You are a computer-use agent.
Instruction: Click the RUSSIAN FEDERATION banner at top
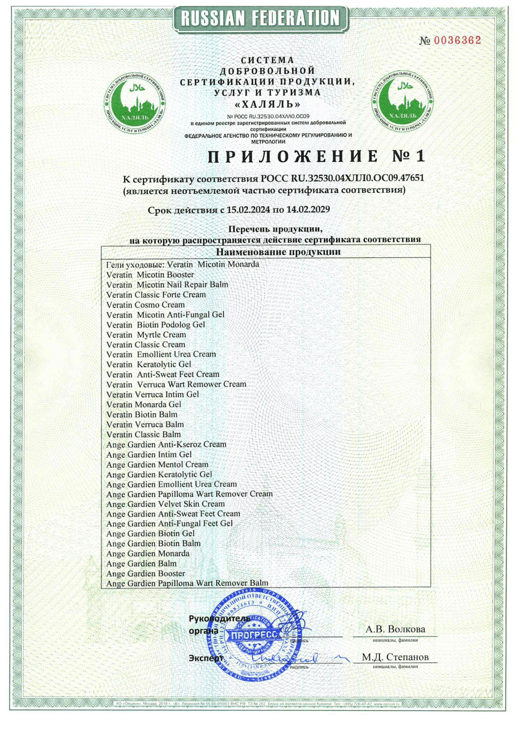click(x=260, y=19)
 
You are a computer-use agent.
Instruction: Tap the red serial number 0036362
click(x=457, y=40)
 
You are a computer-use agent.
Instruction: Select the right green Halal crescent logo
click(x=402, y=102)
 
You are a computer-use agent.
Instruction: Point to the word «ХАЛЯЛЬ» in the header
click(x=268, y=104)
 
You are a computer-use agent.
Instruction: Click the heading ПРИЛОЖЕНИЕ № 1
click(x=316, y=156)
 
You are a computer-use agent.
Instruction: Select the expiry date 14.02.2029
click(x=308, y=210)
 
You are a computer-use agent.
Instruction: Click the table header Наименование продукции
click(x=278, y=252)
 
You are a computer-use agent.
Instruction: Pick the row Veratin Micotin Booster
click(x=150, y=275)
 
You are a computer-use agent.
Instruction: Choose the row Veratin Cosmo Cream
click(x=145, y=305)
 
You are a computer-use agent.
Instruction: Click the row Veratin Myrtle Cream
click(x=146, y=335)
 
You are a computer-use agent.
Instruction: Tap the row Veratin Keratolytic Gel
click(x=149, y=365)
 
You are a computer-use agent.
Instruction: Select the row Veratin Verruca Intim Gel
click(x=153, y=395)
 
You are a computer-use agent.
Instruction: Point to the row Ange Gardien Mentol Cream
click(x=157, y=465)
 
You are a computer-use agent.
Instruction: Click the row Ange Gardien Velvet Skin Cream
click(x=165, y=504)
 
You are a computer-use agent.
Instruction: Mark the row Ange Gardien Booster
click(x=145, y=574)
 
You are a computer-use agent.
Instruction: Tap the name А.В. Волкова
click(x=395, y=630)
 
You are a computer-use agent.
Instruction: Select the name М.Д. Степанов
click(x=395, y=657)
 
